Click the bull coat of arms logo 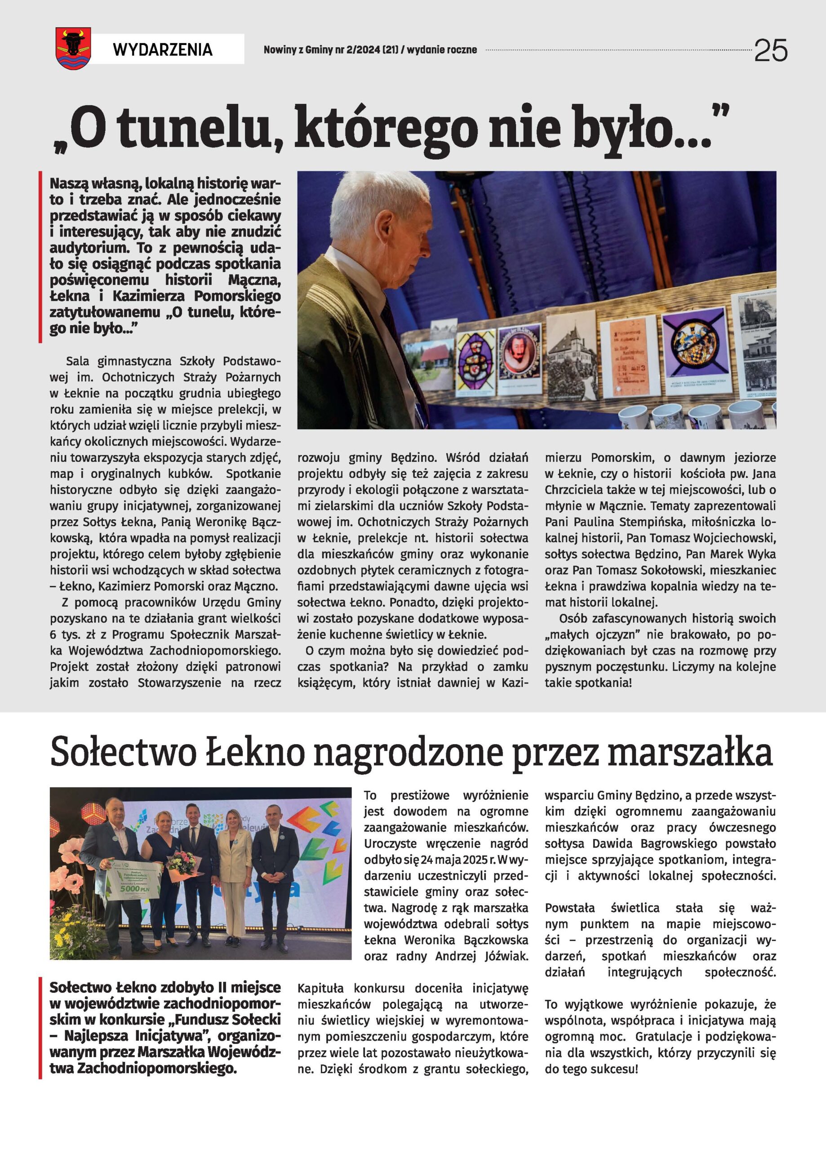73,48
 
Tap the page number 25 771,50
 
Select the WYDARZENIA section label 162,49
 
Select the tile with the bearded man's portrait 520,354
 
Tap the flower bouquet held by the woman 182,862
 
